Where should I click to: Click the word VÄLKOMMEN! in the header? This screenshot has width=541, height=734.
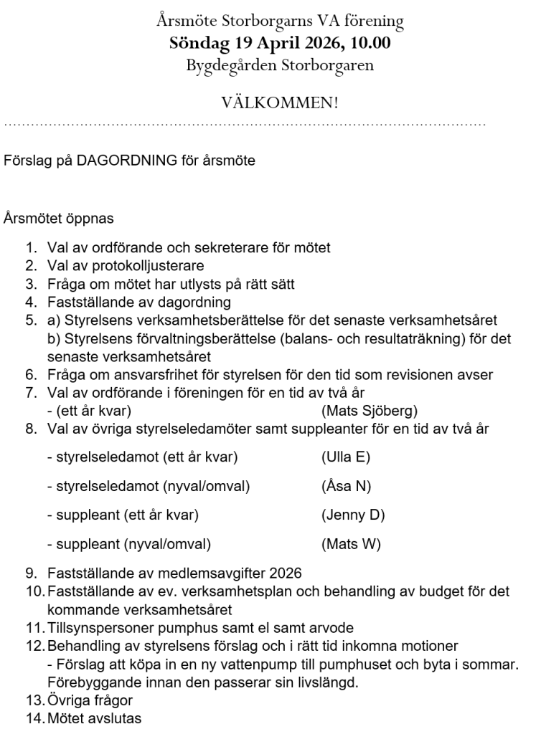[280, 103]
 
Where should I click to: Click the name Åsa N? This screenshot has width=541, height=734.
[346, 486]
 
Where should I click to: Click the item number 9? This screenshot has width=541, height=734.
[32, 573]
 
